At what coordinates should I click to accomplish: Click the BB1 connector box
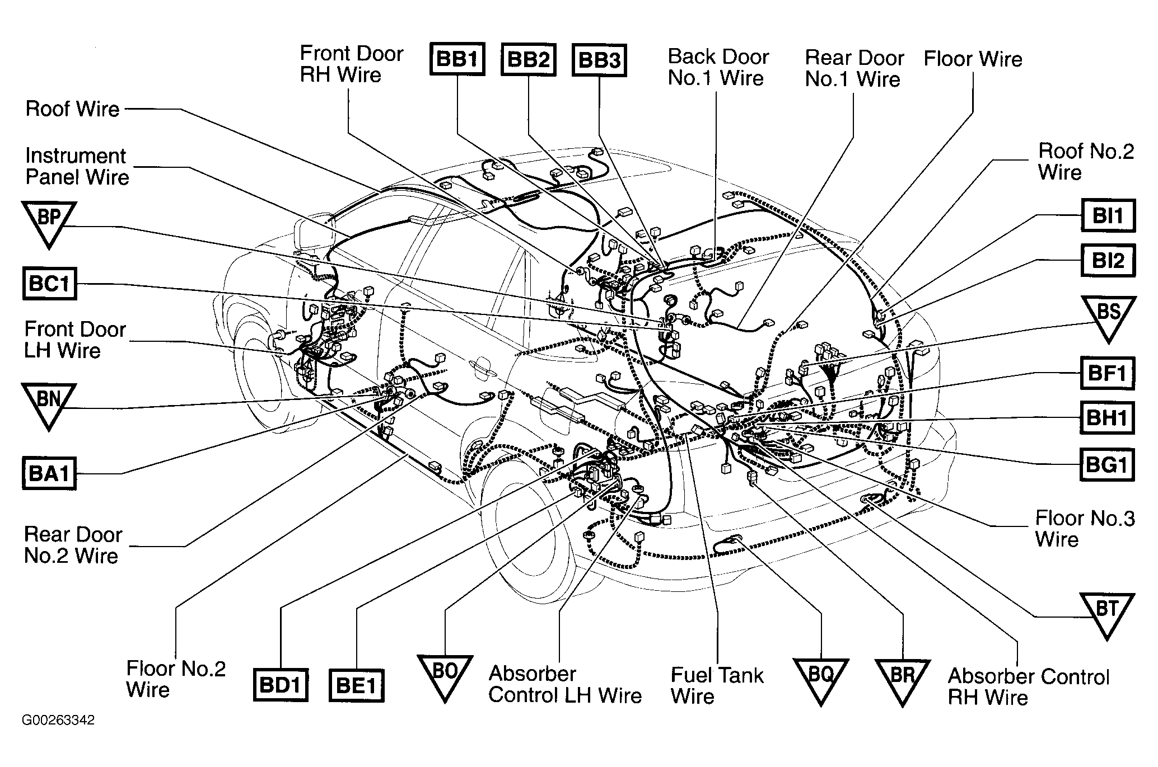click(457, 59)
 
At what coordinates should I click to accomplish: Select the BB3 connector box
click(599, 60)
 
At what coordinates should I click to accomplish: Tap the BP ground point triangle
click(49, 221)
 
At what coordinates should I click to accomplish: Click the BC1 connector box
click(49, 284)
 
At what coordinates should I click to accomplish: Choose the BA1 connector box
click(49, 473)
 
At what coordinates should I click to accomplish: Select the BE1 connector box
click(356, 685)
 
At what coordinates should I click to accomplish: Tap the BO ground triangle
click(445, 675)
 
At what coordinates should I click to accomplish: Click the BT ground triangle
click(1107, 612)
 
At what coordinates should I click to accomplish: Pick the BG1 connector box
click(1106, 464)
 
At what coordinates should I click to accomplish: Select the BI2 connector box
click(1108, 260)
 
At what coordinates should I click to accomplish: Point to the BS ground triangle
click(1108, 315)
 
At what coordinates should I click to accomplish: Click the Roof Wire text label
click(73, 109)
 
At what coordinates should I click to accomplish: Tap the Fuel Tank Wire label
click(717, 686)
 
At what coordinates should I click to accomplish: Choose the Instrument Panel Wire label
click(77, 167)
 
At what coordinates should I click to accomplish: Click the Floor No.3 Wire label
click(1085, 529)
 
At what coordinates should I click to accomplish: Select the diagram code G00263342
click(58, 720)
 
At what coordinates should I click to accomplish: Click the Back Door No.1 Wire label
click(717, 67)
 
